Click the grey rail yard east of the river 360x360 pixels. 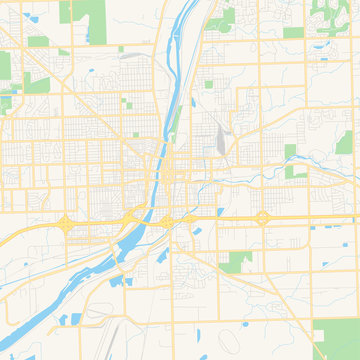[x=219, y=139]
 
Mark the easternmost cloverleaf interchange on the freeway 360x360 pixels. [x=262, y=217]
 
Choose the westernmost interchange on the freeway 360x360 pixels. [x=66, y=223]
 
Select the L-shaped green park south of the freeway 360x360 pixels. [x=236, y=262]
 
